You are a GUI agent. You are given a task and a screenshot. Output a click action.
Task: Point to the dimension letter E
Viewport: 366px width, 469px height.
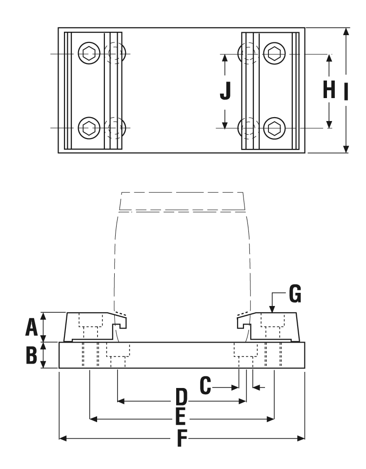182,417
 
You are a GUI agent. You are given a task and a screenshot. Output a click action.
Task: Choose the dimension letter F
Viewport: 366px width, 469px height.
182,438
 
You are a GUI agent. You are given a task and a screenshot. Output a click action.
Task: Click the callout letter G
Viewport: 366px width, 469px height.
295,294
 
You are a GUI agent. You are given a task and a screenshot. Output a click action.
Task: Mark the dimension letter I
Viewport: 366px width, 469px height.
346,91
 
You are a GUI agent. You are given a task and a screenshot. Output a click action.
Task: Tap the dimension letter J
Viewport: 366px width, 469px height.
225,91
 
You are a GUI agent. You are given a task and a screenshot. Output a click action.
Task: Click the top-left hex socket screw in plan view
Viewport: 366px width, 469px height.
88,53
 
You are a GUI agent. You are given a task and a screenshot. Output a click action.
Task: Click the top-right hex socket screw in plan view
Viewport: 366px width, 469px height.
273,53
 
